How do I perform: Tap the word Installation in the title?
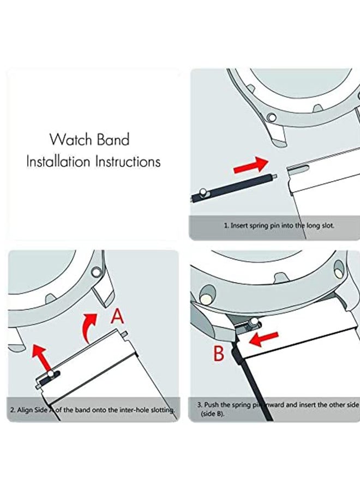[x=59, y=162]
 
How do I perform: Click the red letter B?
[x=219, y=354]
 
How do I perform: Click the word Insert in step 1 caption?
[x=241, y=225]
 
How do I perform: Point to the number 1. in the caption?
[x=226, y=225]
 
